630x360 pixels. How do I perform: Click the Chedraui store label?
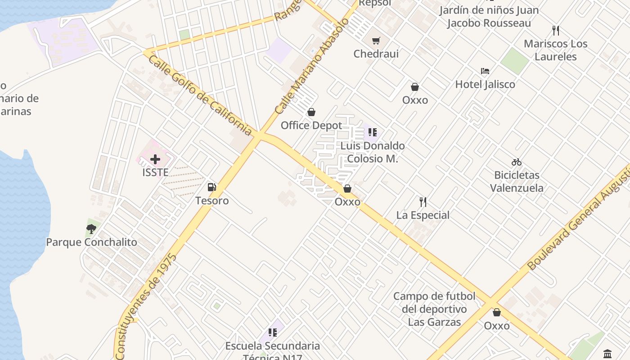[376, 54]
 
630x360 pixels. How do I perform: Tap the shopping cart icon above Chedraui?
[376, 40]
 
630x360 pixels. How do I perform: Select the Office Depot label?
[311, 126]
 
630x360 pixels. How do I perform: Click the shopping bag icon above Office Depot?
[311, 112]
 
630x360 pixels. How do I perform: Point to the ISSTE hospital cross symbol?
[155, 159]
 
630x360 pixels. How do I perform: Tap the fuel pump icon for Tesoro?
[211, 187]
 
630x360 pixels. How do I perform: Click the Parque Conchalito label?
[91, 242]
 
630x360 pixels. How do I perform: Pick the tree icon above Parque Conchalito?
[91, 229]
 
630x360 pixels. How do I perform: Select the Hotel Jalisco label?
[485, 84]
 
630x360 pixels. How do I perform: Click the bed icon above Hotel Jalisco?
[485, 71]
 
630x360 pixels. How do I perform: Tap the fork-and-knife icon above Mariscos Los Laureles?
[556, 31]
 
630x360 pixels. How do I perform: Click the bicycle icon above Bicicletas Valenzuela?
[517, 162]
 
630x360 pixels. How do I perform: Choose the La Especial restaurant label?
[423, 215]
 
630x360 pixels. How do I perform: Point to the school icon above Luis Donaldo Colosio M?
[373, 132]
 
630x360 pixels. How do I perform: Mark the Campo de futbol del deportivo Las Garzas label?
[434, 309]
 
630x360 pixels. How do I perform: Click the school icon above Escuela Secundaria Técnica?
[273, 333]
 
